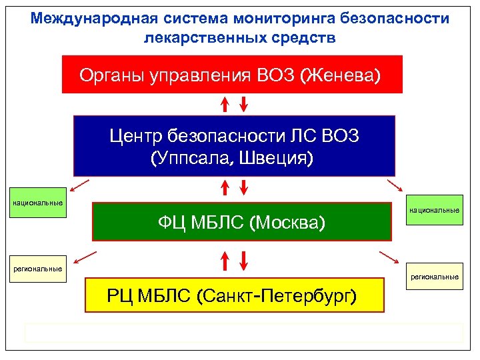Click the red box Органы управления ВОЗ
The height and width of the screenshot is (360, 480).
[232, 74]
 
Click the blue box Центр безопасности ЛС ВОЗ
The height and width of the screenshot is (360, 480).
[234, 146]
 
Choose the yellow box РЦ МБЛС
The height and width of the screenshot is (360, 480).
[235, 295]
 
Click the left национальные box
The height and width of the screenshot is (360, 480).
[37, 203]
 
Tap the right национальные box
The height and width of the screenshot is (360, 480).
[434, 211]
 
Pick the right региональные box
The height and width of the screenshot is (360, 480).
[434, 277]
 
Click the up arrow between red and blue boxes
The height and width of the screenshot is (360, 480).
[225, 104]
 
